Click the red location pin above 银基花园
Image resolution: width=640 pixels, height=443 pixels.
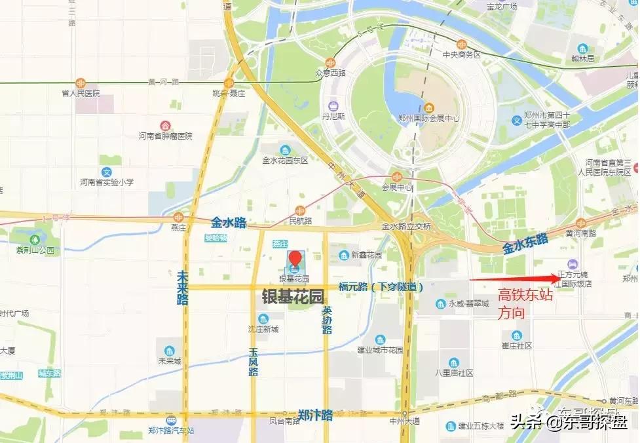(295, 258)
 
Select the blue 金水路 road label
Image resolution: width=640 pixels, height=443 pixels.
(229, 223)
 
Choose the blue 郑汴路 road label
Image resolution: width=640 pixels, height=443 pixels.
(315, 415)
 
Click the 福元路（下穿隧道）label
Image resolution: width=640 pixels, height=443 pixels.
(381, 286)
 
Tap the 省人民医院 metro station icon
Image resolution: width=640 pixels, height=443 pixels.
(80, 83)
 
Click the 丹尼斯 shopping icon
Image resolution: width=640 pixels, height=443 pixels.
(334, 106)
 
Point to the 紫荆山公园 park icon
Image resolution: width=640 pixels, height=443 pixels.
(35, 239)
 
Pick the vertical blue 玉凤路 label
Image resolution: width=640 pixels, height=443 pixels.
(253, 362)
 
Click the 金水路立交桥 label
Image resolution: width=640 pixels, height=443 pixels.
(406, 226)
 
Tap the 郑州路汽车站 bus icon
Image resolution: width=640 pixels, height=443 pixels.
(171, 420)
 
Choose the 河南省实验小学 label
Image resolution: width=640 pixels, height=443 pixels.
(107, 182)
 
